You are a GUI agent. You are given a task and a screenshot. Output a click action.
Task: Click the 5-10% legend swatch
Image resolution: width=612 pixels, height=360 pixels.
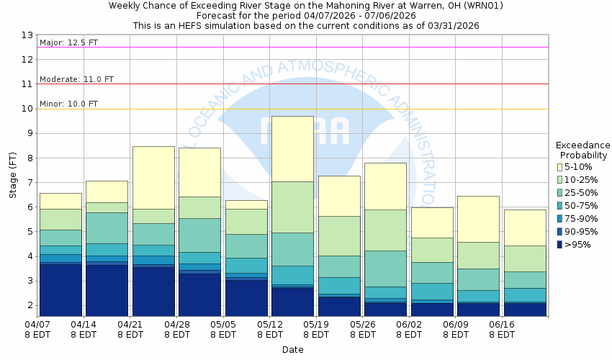click(560, 167)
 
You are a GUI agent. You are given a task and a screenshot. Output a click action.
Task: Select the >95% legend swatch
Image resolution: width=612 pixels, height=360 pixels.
click(560, 245)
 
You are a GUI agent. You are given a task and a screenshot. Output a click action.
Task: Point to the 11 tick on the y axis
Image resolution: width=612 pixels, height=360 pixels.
click(27, 84)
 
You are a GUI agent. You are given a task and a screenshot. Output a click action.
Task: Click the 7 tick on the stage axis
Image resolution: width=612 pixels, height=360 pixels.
click(29, 183)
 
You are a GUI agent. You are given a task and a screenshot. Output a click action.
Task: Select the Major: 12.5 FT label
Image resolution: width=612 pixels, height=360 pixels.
click(68, 42)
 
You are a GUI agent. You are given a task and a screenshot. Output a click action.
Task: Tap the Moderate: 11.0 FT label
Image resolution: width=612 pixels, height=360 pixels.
click(76, 79)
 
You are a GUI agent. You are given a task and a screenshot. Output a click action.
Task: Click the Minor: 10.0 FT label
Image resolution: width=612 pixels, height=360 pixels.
click(68, 104)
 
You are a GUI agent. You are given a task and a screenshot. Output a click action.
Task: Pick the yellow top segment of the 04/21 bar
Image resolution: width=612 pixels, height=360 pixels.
click(153, 177)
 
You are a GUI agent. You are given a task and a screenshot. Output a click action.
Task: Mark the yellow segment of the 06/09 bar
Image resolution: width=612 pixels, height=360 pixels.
click(478, 219)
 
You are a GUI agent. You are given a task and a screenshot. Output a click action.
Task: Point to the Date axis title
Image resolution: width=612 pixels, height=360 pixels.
click(292, 349)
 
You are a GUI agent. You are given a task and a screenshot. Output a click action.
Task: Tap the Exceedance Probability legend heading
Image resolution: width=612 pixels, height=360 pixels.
click(584, 149)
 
